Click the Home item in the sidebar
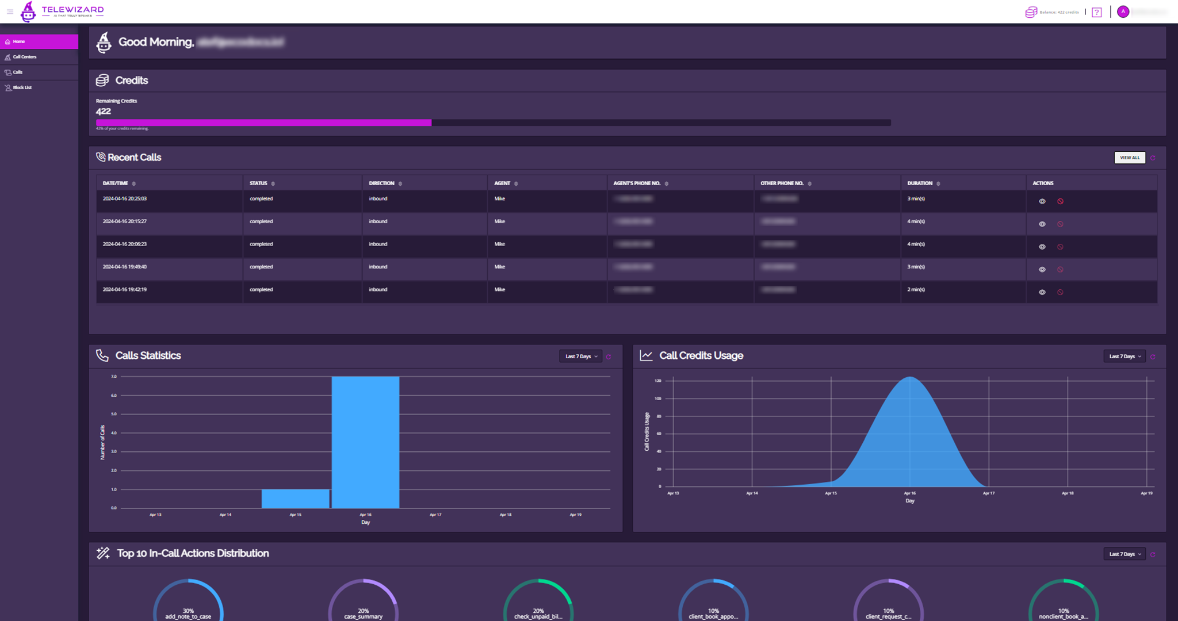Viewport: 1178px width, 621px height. click(19, 41)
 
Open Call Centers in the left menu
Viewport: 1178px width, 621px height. click(25, 57)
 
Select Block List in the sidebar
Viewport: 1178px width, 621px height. click(22, 87)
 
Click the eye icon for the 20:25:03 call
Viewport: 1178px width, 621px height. click(1042, 201)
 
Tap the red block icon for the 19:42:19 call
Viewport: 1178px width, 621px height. click(1060, 292)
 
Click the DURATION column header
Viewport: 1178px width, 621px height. click(920, 183)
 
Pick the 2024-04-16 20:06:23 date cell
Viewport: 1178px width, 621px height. click(125, 244)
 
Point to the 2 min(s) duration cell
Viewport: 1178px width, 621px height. click(916, 290)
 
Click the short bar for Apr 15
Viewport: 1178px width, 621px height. click(296, 499)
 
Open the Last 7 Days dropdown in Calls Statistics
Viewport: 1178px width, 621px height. click(581, 356)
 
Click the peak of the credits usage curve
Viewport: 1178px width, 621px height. click(910, 378)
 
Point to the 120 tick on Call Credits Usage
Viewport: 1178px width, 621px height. click(658, 381)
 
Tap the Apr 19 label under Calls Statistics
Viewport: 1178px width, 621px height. click(575, 515)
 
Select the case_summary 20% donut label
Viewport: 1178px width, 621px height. click(363, 614)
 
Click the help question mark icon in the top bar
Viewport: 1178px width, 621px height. click(1097, 12)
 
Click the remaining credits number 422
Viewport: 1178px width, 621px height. click(104, 112)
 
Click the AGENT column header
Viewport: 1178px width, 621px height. click(502, 183)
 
